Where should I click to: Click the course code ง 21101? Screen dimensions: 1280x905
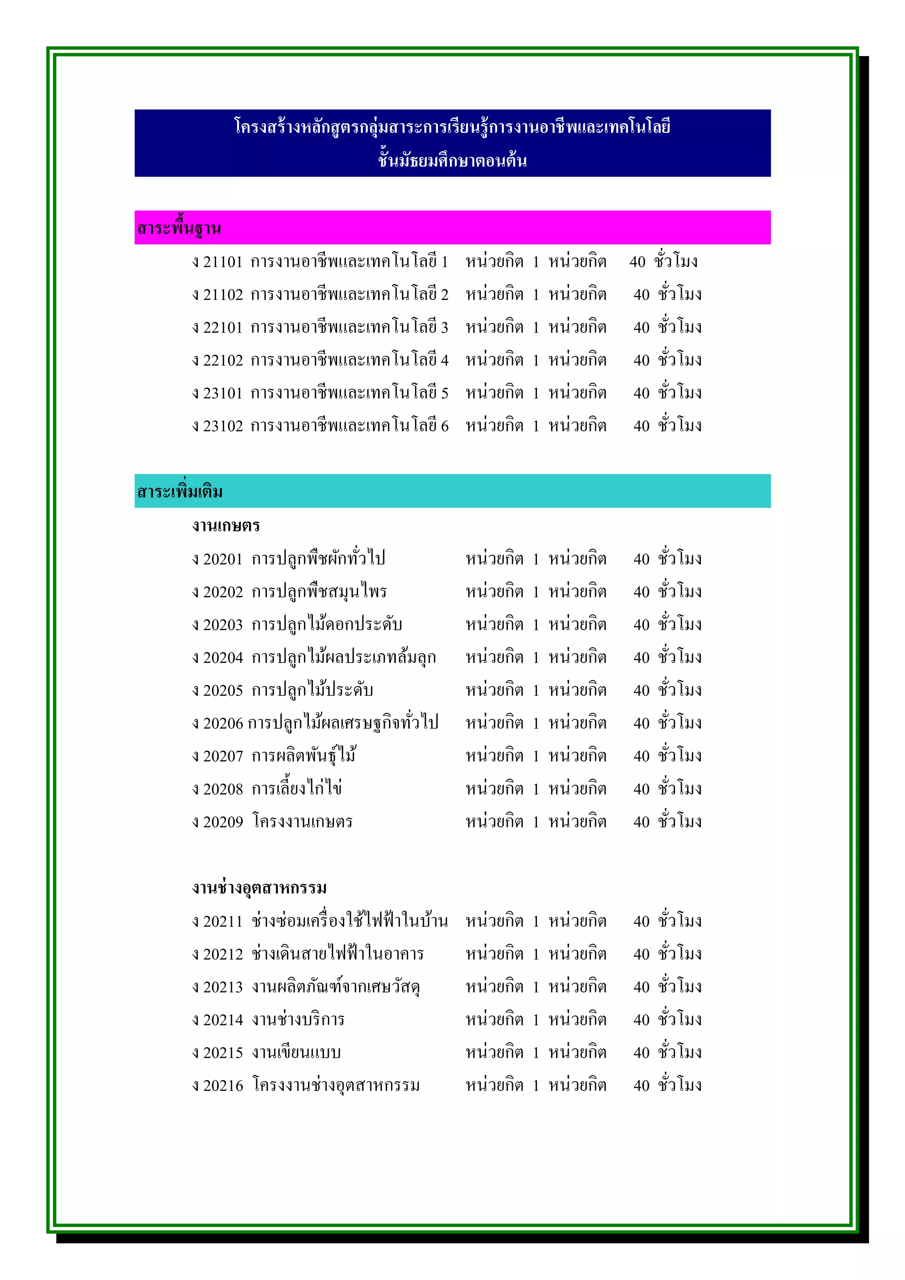coord(217,261)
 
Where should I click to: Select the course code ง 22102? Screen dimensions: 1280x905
coord(217,360)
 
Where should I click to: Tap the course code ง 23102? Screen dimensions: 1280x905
coord(217,426)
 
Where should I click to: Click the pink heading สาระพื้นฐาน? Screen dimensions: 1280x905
coord(179,228)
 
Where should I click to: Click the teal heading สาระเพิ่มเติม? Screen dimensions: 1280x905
coord(179,492)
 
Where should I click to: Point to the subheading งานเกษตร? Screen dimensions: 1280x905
coord(226,525)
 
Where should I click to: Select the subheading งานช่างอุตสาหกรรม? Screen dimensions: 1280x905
coord(259,887)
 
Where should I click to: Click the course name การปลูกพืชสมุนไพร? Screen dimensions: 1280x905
coord(319,591)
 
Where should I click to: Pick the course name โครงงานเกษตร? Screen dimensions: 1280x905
coord(302,822)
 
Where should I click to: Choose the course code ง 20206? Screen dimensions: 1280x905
coord(217,723)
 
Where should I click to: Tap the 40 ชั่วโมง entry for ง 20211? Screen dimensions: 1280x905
coord(667,921)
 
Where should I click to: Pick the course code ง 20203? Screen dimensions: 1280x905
coord(217,625)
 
